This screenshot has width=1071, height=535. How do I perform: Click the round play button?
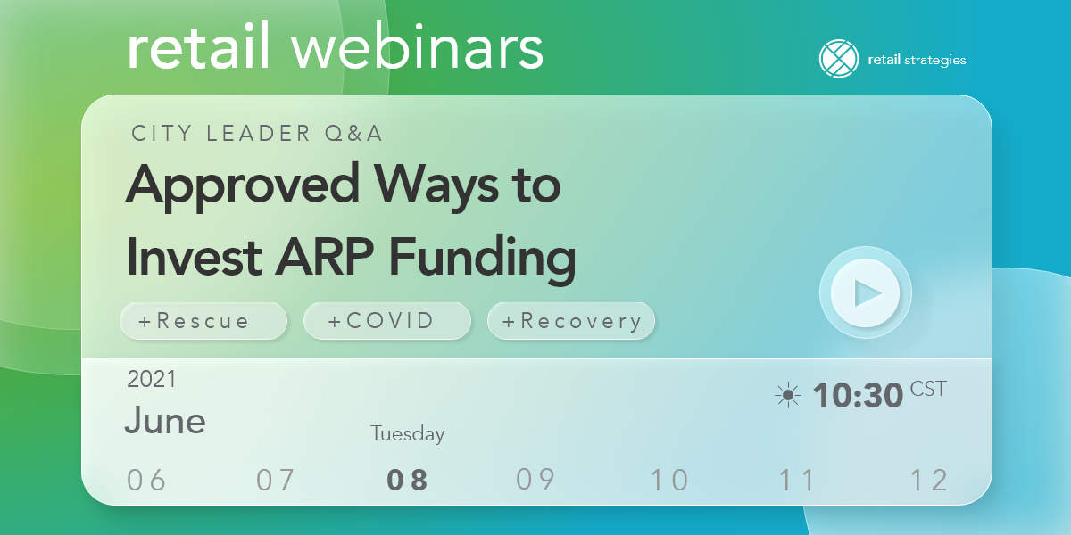pos(865,292)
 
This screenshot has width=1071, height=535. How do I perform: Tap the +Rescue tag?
pos(203,321)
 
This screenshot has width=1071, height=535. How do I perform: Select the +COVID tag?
pos(386,321)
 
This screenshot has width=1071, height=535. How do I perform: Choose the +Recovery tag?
pos(571,321)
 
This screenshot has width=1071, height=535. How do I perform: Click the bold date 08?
pos(407,481)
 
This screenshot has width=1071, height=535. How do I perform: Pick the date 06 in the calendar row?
pos(147,481)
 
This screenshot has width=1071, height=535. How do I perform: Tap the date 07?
pos(276,481)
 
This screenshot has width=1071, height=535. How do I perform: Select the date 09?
pos(535,480)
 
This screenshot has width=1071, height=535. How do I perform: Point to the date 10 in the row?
pos(669,481)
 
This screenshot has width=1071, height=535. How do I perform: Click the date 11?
pos(797,481)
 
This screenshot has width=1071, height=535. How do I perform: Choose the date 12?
pos(928,481)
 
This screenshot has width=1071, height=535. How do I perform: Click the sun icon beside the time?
pos(788,395)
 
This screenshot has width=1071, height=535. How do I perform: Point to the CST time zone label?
pos(928,389)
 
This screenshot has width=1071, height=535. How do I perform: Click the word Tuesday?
pos(407,434)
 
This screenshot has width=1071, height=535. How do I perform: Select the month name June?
pos(165,420)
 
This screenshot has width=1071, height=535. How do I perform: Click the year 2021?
pos(152,379)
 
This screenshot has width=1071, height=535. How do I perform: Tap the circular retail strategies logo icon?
pos(838,60)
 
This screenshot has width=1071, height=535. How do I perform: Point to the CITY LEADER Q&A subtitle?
pos(257,134)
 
